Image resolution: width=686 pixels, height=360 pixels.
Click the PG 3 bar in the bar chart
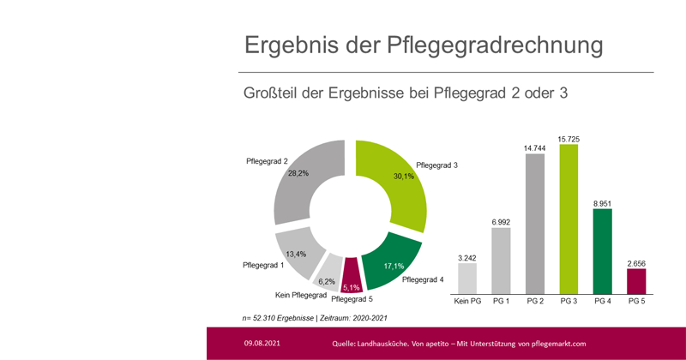pos(569,219)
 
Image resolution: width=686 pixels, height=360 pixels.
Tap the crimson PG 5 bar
pos(637,280)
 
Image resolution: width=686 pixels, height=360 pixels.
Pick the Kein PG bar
pos(467,277)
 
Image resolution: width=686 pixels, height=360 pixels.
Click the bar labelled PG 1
pos(501,260)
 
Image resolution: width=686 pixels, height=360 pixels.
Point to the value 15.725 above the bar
pos(569,136)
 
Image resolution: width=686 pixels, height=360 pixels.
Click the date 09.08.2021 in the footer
pos(260,343)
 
